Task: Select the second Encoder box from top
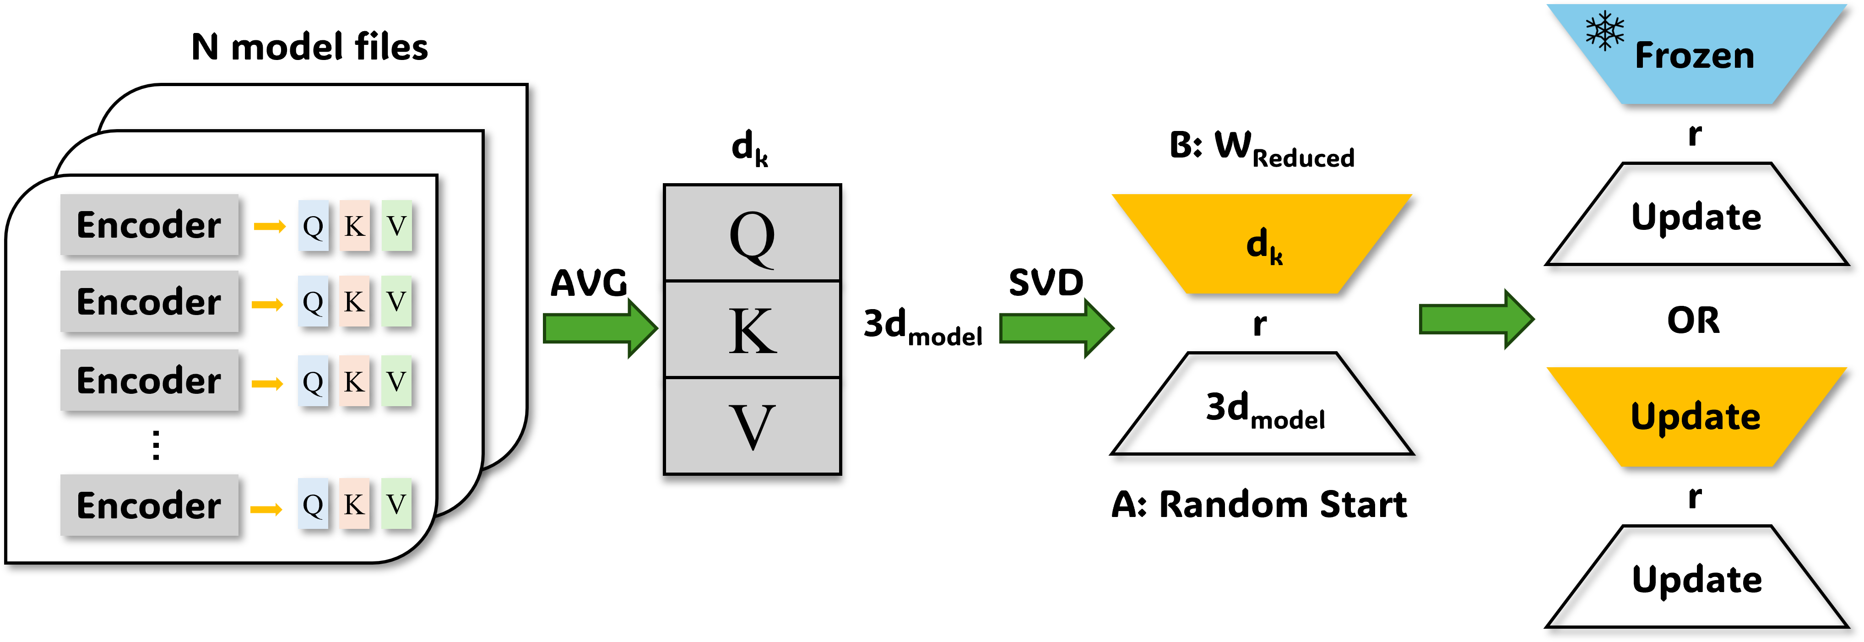(149, 301)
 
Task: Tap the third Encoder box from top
(149, 380)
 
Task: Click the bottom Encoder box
(149, 505)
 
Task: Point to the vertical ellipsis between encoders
(156, 445)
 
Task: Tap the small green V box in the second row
(396, 301)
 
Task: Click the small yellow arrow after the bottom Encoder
(266, 510)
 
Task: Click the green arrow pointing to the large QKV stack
(599, 328)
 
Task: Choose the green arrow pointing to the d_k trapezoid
(1056, 328)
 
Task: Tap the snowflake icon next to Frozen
(1604, 30)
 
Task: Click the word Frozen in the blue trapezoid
(1694, 56)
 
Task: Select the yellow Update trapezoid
(1696, 417)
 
